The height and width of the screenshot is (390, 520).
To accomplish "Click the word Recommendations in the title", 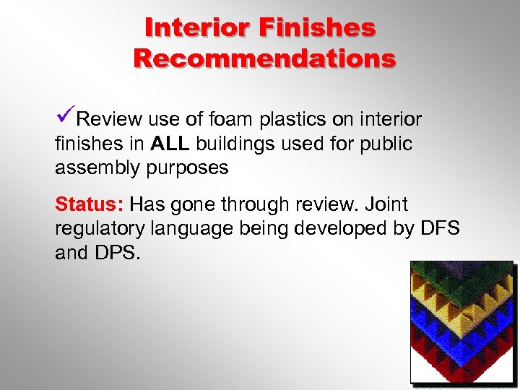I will (x=264, y=57).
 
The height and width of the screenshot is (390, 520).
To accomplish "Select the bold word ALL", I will (x=170, y=144).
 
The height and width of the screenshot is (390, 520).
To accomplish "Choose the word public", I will (x=385, y=144).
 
